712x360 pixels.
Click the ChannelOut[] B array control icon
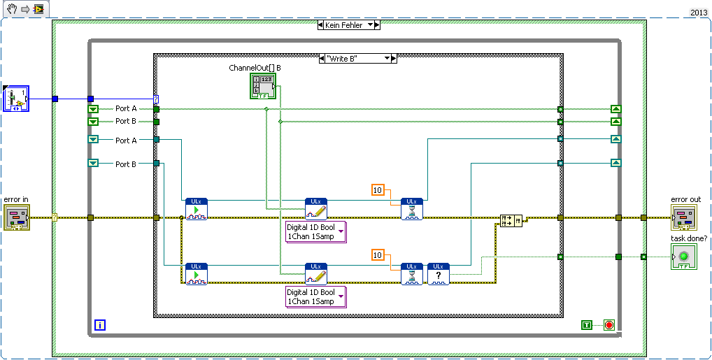[x=262, y=86]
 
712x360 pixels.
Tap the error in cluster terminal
[x=16, y=217]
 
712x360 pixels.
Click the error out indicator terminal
[x=685, y=217]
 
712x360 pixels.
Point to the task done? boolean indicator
[x=684, y=257]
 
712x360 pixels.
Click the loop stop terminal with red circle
[x=608, y=325]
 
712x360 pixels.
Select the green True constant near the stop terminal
[x=587, y=325]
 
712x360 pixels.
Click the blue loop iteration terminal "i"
[x=100, y=325]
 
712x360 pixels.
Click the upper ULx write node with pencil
[x=316, y=209]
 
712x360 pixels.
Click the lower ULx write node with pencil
[x=316, y=274]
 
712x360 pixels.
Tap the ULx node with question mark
[x=439, y=274]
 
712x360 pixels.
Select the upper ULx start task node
[x=197, y=209]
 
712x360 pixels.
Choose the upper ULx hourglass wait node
[x=412, y=209]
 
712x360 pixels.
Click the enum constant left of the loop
[x=15, y=99]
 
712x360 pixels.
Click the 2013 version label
[x=699, y=12]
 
